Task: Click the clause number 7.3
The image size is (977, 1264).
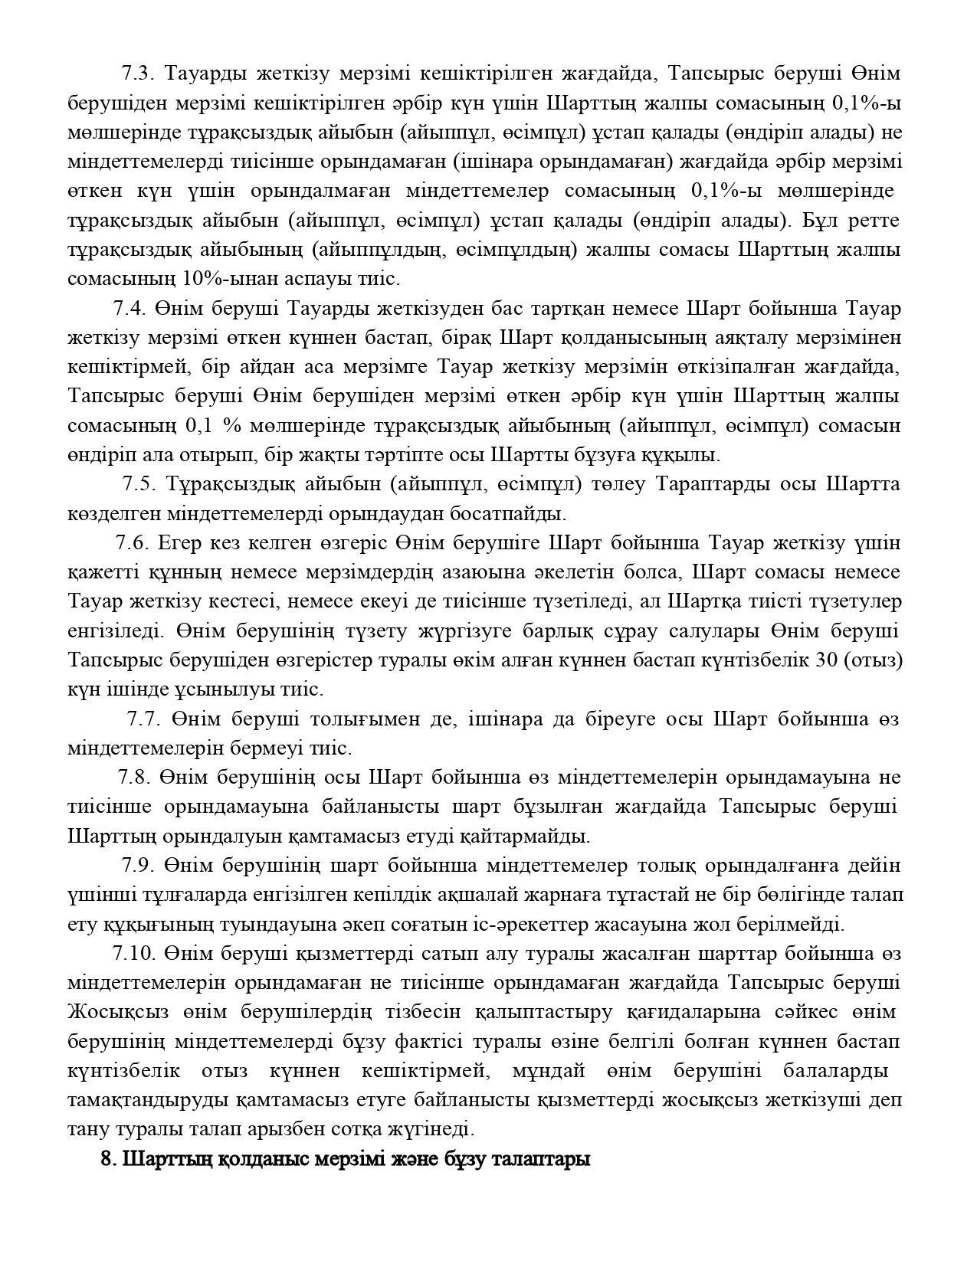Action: point(139,74)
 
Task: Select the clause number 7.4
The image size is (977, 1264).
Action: point(130,308)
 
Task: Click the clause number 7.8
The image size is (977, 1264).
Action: point(134,777)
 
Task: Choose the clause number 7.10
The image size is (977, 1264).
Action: point(133,953)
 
